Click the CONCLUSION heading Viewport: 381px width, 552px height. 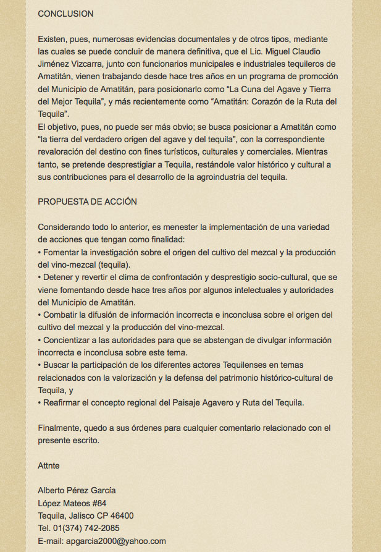point(65,13)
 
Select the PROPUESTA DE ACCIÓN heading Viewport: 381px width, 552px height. point(87,202)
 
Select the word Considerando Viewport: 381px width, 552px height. point(66,227)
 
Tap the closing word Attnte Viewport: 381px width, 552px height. point(49,465)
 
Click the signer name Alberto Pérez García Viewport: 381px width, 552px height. point(77,490)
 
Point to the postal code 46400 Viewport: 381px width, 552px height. point(120,516)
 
